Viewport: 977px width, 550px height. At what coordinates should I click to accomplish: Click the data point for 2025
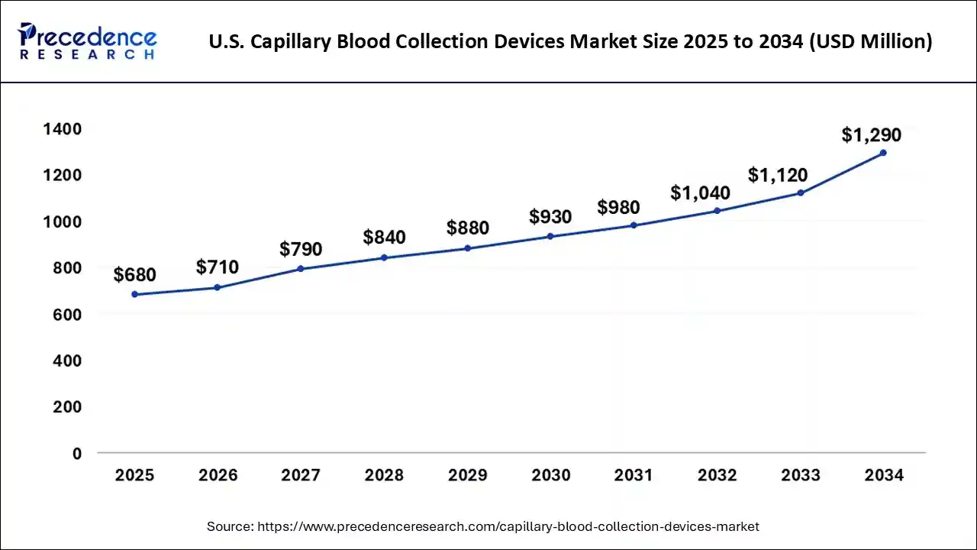(x=135, y=294)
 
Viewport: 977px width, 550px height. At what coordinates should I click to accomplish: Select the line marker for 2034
(x=883, y=153)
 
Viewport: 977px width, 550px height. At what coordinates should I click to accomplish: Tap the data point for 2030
(x=550, y=236)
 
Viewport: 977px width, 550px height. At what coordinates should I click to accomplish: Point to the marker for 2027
(x=301, y=269)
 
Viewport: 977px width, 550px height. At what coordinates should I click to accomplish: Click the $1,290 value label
(x=871, y=135)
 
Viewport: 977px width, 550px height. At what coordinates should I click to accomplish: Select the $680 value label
(x=135, y=274)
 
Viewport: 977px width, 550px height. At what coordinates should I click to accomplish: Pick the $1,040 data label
(x=700, y=193)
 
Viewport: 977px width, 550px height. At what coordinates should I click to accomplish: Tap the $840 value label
(x=384, y=238)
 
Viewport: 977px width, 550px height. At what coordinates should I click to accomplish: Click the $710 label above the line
(x=218, y=267)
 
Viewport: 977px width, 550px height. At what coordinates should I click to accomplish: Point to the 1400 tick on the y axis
(x=62, y=129)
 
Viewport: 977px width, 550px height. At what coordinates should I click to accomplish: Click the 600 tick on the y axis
(x=67, y=315)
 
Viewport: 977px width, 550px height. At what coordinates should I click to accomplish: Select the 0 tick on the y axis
(x=76, y=454)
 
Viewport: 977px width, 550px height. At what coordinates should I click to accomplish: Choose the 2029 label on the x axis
(x=467, y=475)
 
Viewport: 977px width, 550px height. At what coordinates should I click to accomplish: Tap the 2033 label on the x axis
(x=801, y=475)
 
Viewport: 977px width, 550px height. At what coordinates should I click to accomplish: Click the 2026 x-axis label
(x=218, y=475)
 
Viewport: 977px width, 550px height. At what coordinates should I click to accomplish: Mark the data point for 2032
(x=717, y=211)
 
